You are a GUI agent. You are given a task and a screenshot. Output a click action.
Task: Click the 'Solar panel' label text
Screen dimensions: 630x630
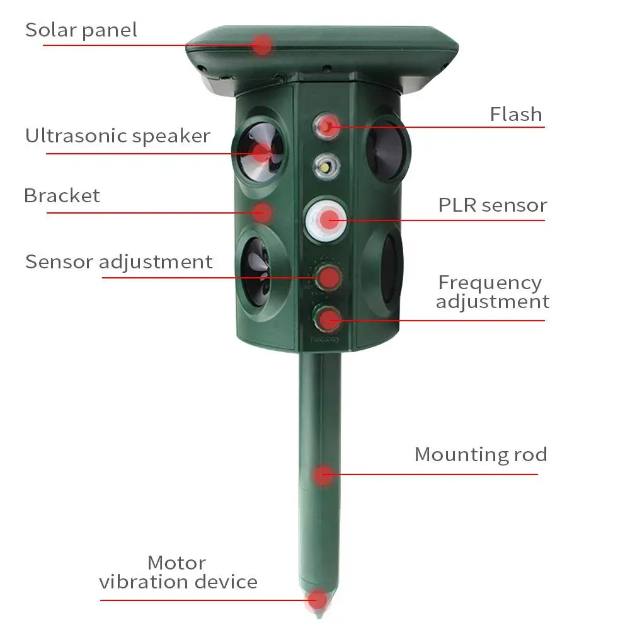(x=81, y=30)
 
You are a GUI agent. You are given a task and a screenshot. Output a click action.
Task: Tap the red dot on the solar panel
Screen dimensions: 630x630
(x=263, y=45)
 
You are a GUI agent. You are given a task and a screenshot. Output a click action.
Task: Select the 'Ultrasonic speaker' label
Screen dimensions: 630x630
(x=117, y=135)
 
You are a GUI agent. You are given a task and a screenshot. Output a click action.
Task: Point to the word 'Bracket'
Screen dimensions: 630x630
(x=62, y=195)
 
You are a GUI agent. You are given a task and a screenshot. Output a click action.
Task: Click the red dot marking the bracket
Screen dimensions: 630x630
(x=263, y=212)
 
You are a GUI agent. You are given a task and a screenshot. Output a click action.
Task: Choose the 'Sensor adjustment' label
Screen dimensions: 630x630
(x=118, y=261)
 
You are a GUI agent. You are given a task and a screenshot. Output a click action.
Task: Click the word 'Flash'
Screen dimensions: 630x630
(x=515, y=114)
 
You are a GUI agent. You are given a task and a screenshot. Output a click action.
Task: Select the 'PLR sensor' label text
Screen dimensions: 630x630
(x=492, y=205)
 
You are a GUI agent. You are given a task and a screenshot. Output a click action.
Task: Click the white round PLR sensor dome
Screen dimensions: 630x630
(x=326, y=219)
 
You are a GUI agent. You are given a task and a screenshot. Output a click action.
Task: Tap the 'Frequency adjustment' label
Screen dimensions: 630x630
(x=492, y=292)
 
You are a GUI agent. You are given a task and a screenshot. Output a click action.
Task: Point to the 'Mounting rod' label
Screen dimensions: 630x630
(x=480, y=454)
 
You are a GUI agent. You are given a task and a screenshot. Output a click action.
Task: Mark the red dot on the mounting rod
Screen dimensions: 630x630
(x=323, y=474)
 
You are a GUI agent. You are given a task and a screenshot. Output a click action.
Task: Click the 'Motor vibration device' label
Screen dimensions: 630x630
(x=178, y=571)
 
